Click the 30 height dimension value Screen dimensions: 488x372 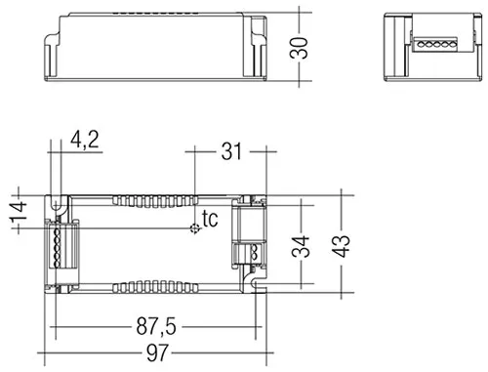pyautogui.click(x=299, y=48)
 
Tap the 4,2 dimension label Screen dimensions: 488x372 pyautogui.click(x=85, y=140)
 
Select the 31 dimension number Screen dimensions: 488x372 pyautogui.click(x=231, y=151)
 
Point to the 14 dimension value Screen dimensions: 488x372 pyautogui.click(x=19, y=212)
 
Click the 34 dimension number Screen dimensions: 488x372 pyautogui.click(x=301, y=246)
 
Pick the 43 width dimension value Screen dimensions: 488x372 pyautogui.click(x=341, y=246)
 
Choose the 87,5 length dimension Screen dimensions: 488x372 pyautogui.click(x=156, y=326)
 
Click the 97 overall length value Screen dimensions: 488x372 pyautogui.click(x=157, y=352)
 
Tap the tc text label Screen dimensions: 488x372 pyautogui.click(x=210, y=219)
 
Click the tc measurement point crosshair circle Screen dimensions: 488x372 pyautogui.click(x=195, y=228)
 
